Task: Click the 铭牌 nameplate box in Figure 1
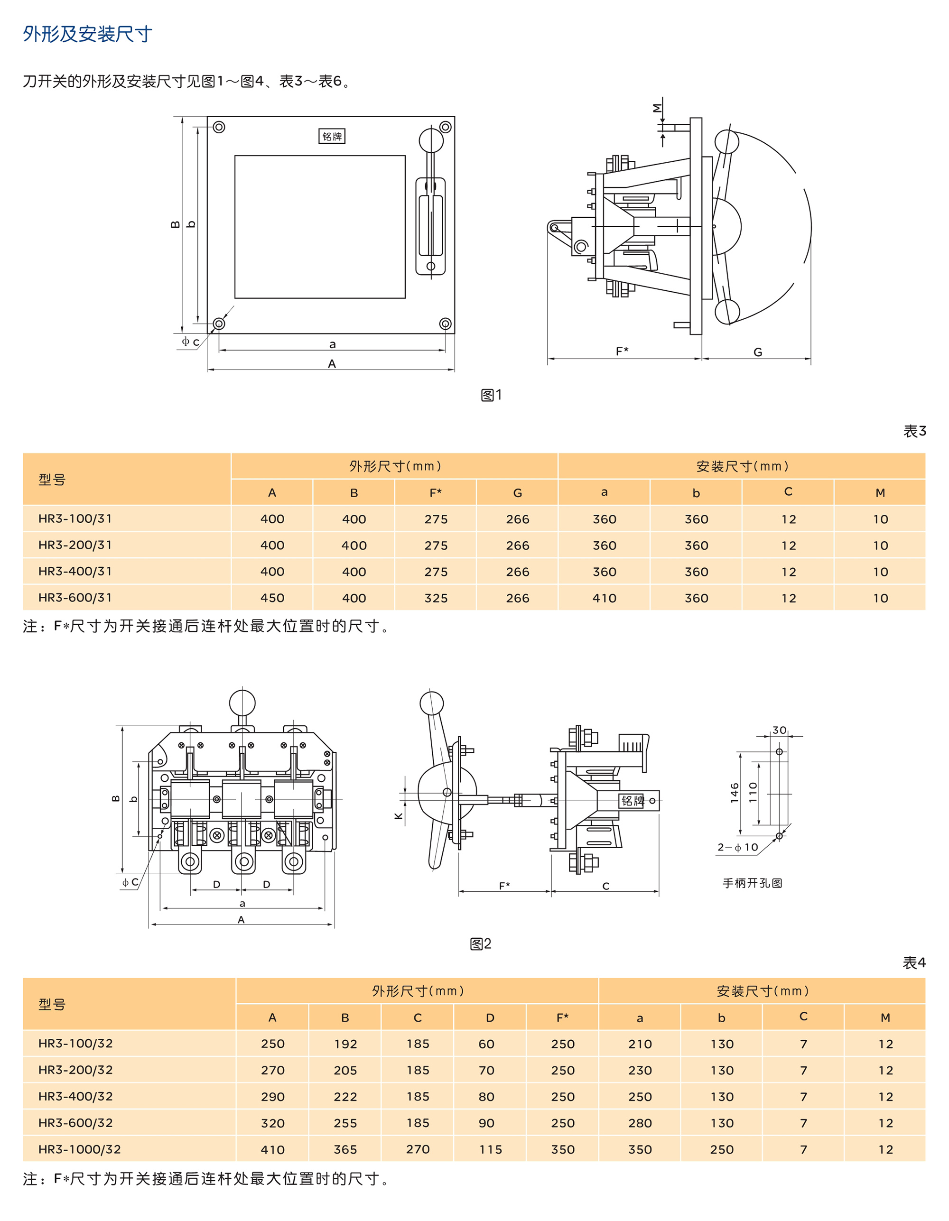pyautogui.click(x=332, y=137)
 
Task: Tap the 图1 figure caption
pyautogui.click(x=491, y=395)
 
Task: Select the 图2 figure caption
pyautogui.click(x=480, y=943)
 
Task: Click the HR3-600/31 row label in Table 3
pyautogui.click(x=75, y=598)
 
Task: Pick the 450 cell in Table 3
pyautogui.click(x=272, y=598)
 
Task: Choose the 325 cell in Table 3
pyautogui.click(x=436, y=598)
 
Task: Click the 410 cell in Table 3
pyautogui.click(x=605, y=598)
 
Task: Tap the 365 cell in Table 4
pyautogui.click(x=345, y=1150)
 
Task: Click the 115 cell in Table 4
pyautogui.click(x=491, y=1150)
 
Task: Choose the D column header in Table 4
pyautogui.click(x=490, y=1018)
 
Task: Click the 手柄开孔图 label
pyautogui.click(x=752, y=883)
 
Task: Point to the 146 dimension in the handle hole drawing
pyautogui.click(x=734, y=793)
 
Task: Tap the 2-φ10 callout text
pyautogui.click(x=738, y=848)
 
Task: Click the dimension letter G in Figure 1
pyautogui.click(x=758, y=352)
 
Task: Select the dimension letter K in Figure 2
pyautogui.click(x=399, y=816)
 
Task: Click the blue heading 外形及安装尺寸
pyautogui.click(x=87, y=34)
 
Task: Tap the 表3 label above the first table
pyautogui.click(x=914, y=431)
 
